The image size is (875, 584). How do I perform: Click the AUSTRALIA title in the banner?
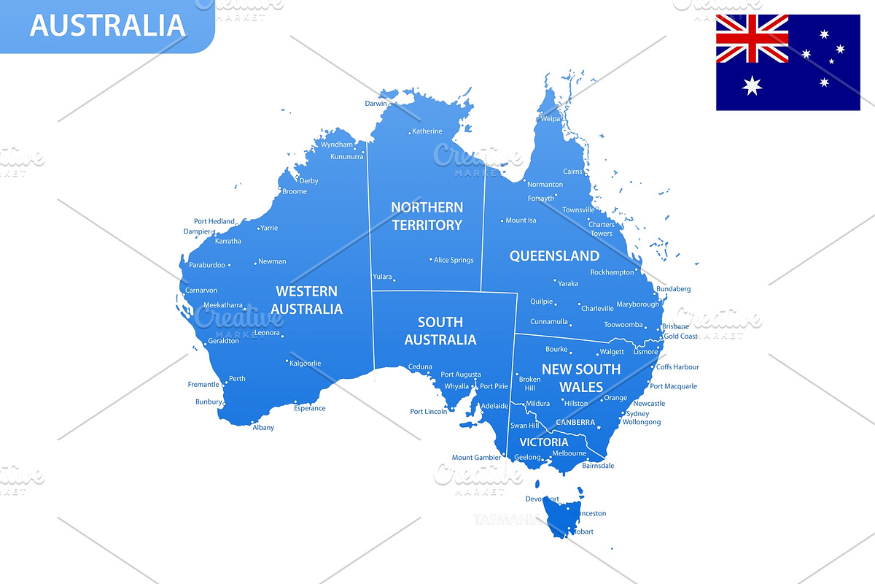click(107, 25)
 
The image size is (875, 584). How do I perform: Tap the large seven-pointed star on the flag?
click(752, 86)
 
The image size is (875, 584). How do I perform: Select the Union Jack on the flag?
click(752, 38)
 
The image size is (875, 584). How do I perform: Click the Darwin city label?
click(376, 104)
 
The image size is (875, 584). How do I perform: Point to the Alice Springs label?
click(454, 260)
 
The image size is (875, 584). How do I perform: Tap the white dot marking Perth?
click(225, 380)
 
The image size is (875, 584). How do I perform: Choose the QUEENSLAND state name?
click(554, 255)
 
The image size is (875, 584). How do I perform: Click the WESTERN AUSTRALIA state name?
click(306, 300)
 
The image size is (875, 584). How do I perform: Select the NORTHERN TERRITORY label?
click(427, 216)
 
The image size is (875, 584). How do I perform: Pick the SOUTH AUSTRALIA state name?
click(440, 331)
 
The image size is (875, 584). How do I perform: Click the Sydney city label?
click(637, 413)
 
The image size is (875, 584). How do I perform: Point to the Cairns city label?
click(572, 172)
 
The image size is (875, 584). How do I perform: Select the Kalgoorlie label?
click(305, 363)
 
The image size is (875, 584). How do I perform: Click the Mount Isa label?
click(521, 220)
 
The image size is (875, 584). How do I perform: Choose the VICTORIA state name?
click(543, 442)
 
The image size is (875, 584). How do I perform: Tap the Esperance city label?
click(309, 408)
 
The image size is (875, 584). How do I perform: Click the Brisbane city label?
click(675, 326)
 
